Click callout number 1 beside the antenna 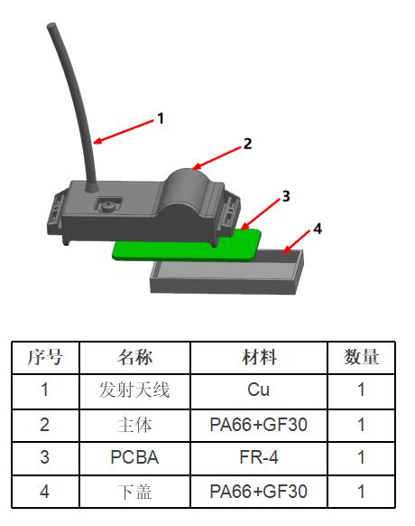tap(161, 118)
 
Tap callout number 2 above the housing tap(247, 144)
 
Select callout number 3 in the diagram tap(286, 196)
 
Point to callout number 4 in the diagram tap(318, 229)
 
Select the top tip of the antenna tap(51, 24)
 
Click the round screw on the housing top tap(108, 205)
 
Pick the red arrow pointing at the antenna tap(124, 132)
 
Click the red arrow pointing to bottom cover tap(296, 241)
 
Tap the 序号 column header tap(45, 357)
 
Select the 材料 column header tap(259, 357)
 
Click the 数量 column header tap(362, 357)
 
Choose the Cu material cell tap(259, 390)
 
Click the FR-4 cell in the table tap(259, 457)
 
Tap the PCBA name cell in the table tap(134, 457)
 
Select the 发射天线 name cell tap(134, 390)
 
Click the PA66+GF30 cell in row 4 tap(259, 492)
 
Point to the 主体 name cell tap(134, 425)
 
